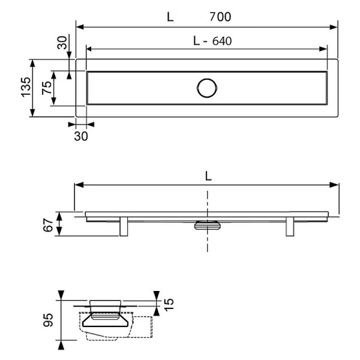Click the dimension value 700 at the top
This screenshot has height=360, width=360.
tap(220, 17)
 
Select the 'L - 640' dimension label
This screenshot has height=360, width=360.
tap(212, 41)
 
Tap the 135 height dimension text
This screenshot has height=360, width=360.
tap(26, 87)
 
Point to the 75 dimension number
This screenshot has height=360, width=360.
tap(47, 88)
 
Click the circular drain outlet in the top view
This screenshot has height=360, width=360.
tap(207, 88)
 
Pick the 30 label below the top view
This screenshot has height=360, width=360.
tap(81, 136)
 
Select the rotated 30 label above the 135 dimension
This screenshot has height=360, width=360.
tap(62, 43)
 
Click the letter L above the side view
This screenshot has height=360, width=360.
tap(208, 176)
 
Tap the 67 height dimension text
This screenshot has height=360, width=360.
tap(48, 225)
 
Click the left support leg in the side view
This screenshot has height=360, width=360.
tap(124, 226)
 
